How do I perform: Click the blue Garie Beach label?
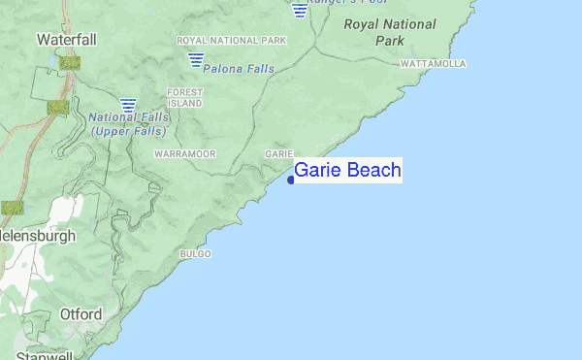point(347,171)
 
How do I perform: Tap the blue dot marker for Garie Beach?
point(291,180)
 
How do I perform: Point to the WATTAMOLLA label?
point(433,64)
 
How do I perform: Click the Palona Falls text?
point(239,69)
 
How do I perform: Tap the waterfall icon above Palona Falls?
point(196,60)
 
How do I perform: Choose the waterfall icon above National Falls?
point(128,104)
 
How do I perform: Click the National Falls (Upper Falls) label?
point(128,124)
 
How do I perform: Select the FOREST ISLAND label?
point(184,97)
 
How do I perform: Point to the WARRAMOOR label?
point(183,154)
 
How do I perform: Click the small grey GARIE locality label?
point(278,154)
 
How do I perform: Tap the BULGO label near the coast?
point(195,254)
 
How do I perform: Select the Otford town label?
point(80,314)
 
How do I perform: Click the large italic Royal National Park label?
point(389,32)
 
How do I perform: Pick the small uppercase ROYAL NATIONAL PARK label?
point(231,41)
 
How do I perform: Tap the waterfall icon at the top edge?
point(299,9)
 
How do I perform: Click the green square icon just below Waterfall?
point(69,62)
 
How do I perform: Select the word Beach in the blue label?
point(373,171)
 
